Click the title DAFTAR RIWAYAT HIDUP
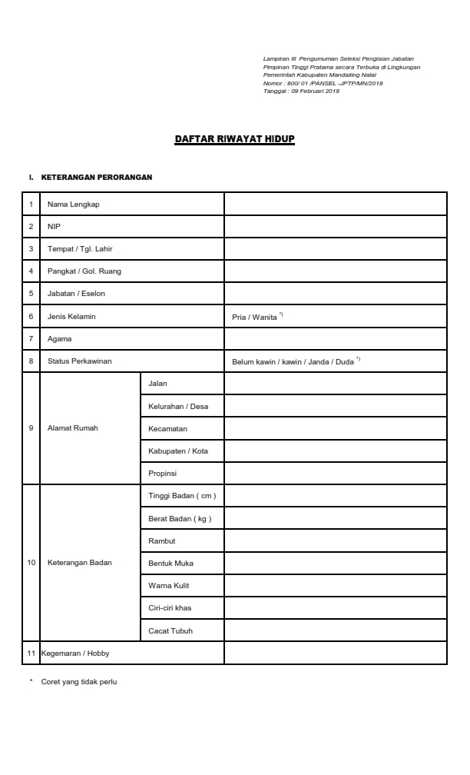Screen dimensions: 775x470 234,139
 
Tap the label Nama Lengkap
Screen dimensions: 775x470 74,205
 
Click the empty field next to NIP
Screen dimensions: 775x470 335,227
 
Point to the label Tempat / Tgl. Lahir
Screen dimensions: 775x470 80,249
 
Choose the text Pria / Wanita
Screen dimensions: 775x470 254,317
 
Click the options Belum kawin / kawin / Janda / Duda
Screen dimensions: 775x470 293,361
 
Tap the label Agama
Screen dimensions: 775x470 59,339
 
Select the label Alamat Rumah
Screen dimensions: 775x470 73,428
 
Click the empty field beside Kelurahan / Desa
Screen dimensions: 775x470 335,406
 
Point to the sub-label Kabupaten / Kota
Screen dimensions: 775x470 178,451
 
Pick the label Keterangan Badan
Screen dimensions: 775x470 79,563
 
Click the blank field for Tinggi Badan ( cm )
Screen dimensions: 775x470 335,496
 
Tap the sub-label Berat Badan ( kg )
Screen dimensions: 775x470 180,519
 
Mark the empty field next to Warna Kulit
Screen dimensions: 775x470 335,586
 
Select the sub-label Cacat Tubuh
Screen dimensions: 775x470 170,631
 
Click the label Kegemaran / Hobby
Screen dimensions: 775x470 75,654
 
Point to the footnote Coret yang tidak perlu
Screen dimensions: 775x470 78,682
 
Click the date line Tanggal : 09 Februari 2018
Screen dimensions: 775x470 301,91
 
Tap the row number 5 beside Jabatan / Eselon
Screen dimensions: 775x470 31,294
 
